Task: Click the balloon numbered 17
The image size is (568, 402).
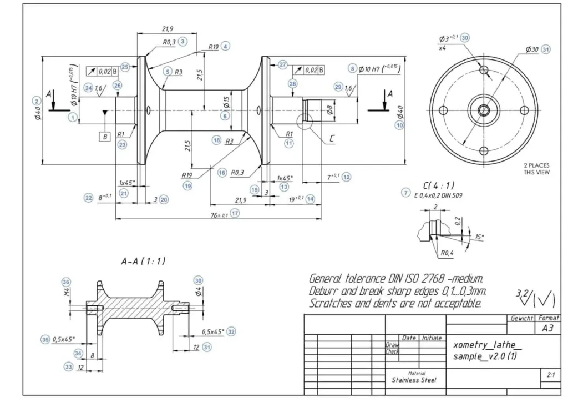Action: (x=235, y=213)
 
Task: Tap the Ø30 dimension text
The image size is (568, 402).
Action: (x=532, y=49)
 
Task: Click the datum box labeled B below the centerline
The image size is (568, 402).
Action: (x=104, y=136)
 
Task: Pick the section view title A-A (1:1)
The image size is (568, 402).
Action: (x=144, y=260)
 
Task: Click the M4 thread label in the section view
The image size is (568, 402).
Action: (x=67, y=292)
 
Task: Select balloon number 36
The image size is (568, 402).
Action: (x=67, y=282)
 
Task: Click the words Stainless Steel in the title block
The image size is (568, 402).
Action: (x=414, y=380)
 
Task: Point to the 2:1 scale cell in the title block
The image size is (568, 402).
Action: (x=550, y=375)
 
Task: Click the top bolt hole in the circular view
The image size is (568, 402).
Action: (x=484, y=71)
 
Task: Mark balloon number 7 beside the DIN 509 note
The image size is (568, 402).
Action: (x=406, y=193)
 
